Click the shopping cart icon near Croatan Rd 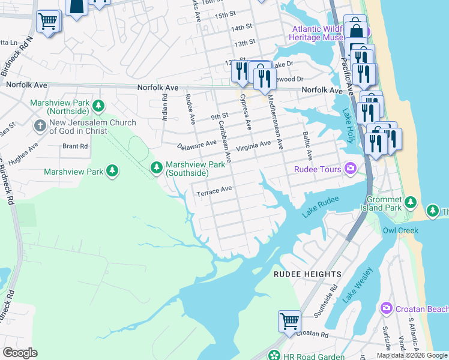(289, 320)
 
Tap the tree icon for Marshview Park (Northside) (98, 106)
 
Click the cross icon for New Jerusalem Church (40, 126)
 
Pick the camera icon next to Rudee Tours (349, 169)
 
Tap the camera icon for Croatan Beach (386, 308)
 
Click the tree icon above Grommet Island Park (411, 200)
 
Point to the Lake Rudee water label (321, 206)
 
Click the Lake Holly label (348, 124)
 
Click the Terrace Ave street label (214, 191)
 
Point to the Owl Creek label (397, 230)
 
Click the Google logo (20, 353)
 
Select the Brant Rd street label (75, 146)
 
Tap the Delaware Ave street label (197, 145)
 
